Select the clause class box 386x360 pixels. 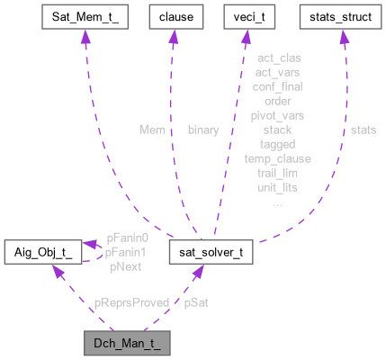[x=177, y=17]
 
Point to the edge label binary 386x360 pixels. [x=202, y=130]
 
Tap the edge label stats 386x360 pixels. [x=363, y=130]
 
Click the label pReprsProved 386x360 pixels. [x=131, y=303]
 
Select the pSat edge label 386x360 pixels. [x=198, y=303]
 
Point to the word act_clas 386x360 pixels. [x=278, y=58]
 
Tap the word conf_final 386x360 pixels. [x=278, y=86]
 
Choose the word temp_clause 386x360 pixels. [x=278, y=157]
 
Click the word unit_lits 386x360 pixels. [x=278, y=186]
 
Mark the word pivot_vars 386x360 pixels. [x=278, y=115]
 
